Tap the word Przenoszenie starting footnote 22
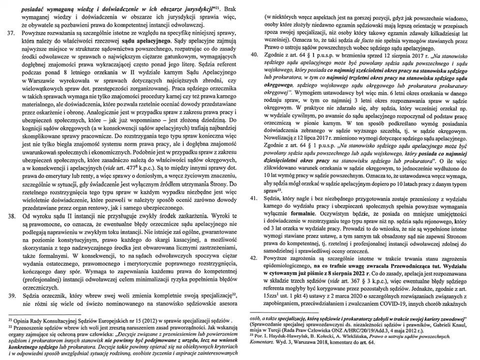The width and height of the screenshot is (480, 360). [x=33, y=325]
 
